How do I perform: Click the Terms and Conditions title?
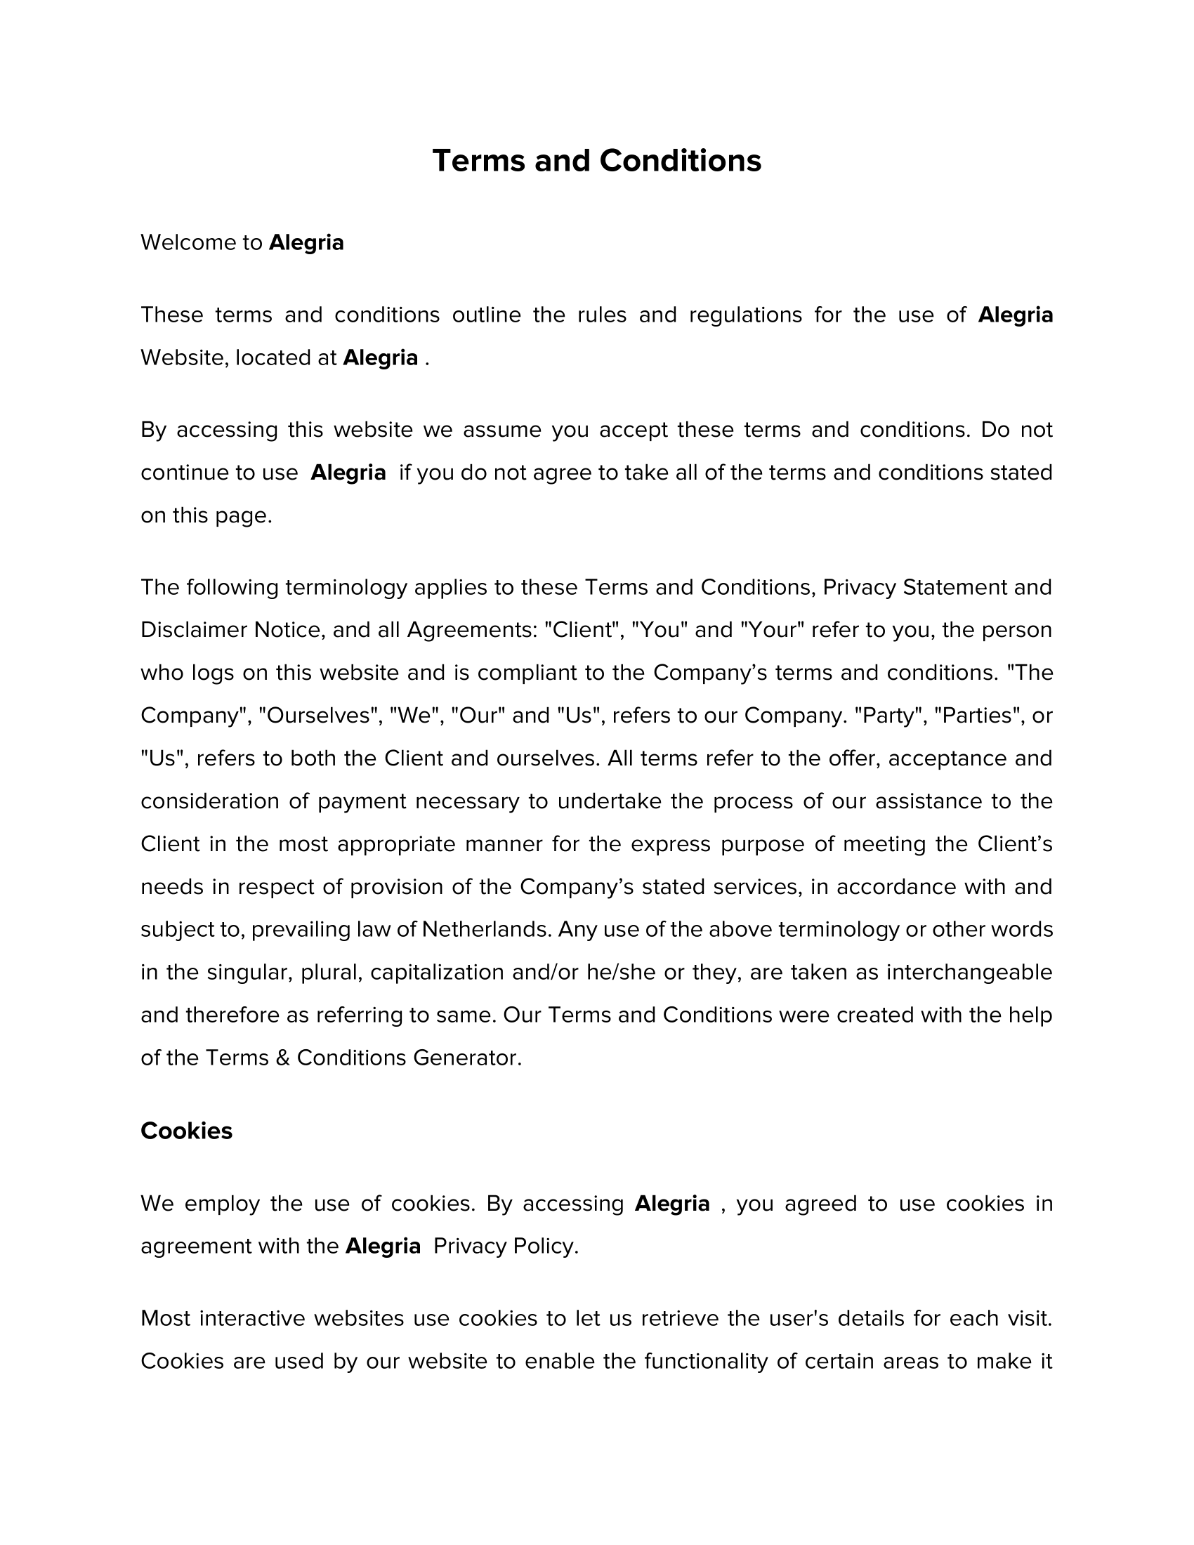pyautogui.click(x=596, y=161)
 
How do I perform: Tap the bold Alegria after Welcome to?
pyautogui.click(x=306, y=243)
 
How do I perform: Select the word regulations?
pyautogui.click(x=745, y=315)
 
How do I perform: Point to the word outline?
pyautogui.click(x=486, y=315)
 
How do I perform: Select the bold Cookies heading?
pyautogui.click(x=186, y=1131)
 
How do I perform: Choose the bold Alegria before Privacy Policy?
pyautogui.click(x=383, y=1246)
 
